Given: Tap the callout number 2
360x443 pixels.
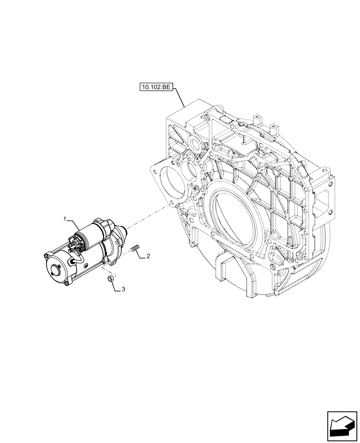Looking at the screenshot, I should (x=149, y=256).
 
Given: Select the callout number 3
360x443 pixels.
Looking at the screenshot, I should (x=124, y=289).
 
